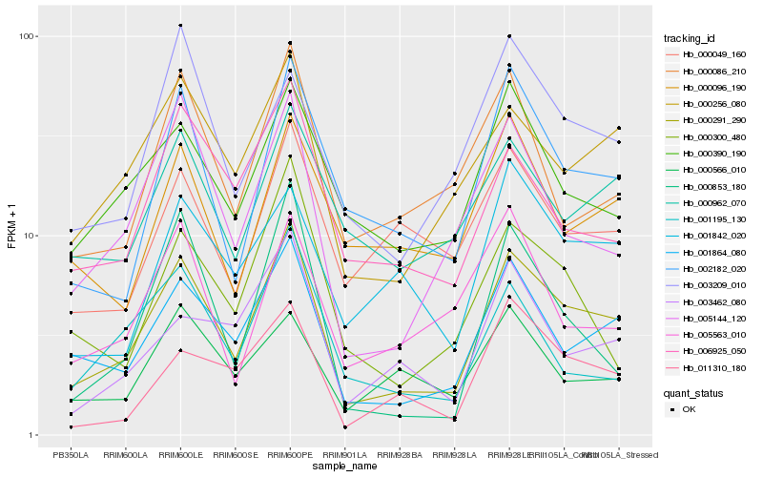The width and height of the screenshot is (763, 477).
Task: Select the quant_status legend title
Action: (x=695, y=392)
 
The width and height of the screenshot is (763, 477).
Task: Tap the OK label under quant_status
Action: (x=690, y=409)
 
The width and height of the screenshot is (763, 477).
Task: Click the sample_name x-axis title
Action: (x=344, y=467)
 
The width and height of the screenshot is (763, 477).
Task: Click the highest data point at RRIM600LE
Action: (x=180, y=25)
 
